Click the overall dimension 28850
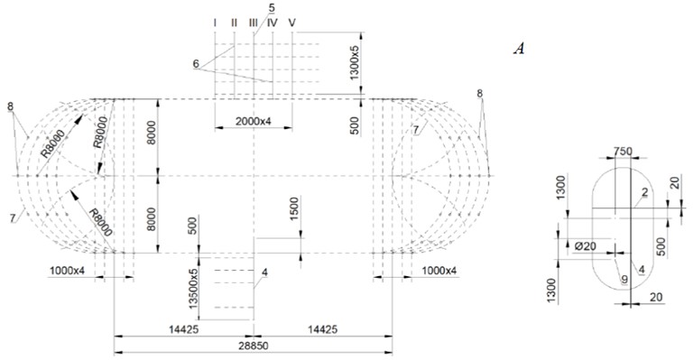[253, 346]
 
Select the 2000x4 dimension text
[253, 121]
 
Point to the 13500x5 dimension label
[193, 288]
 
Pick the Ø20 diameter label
[585, 246]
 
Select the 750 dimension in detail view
[623, 151]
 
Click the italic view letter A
[519, 48]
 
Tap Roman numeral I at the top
[215, 22]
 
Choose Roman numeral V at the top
[291, 22]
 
